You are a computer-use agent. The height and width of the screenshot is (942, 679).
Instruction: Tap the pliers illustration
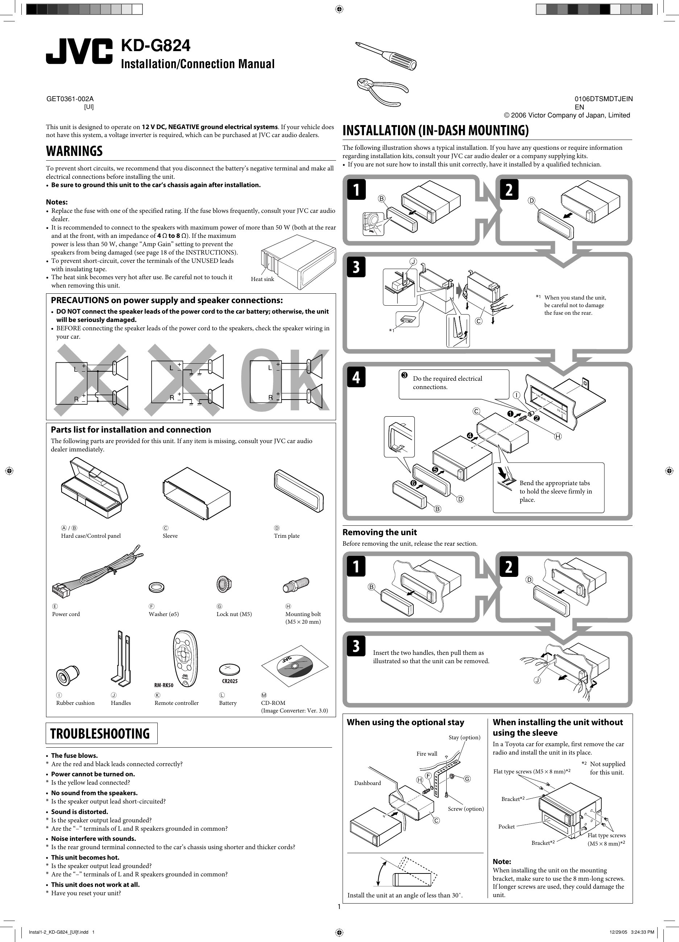tap(382, 91)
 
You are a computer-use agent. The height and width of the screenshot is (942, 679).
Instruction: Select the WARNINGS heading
tap(74, 151)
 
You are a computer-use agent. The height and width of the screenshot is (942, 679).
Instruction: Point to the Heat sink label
tap(262, 279)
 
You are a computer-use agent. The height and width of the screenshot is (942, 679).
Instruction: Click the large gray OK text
tap(285, 380)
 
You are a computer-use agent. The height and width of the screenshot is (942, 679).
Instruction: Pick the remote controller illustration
tap(184, 660)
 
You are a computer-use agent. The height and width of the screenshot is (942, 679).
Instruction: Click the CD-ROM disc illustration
tap(294, 666)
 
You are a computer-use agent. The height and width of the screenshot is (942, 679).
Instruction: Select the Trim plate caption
tap(286, 536)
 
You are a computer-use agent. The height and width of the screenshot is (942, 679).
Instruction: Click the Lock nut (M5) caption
tap(234, 614)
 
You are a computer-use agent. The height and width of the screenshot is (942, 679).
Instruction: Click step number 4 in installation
tap(356, 377)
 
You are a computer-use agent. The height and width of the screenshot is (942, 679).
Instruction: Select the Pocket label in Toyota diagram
tap(506, 827)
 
